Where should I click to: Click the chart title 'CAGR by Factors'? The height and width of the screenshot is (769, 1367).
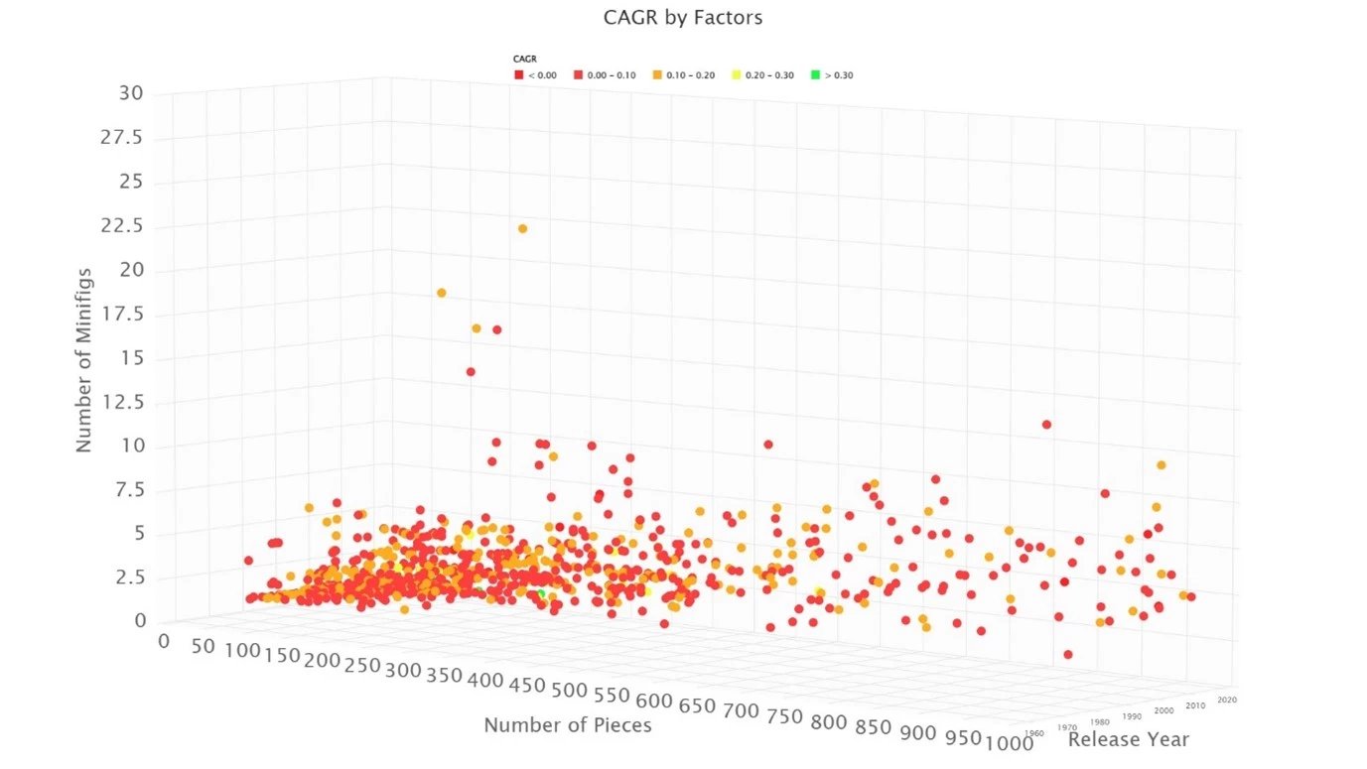(x=683, y=17)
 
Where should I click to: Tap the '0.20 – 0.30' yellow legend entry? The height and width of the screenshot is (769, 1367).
(x=764, y=75)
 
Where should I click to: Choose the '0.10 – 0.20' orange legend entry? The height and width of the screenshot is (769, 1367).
(x=685, y=75)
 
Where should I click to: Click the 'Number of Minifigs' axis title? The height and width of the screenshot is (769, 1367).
(x=84, y=360)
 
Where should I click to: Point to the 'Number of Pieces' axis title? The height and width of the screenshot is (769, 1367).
(x=568, y=725)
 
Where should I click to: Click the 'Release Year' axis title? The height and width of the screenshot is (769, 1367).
(x=1128, y=739)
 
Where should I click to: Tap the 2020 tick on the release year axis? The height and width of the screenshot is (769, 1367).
(x=1227, y=700)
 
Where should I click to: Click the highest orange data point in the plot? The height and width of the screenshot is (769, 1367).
(x=522, y=229)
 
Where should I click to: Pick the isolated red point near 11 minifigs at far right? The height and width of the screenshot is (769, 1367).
(x=1046, y=425)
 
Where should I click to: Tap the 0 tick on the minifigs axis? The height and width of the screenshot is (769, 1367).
(x=140, y=621)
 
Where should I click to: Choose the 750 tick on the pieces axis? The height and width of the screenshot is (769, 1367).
(x=770, y=713)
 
